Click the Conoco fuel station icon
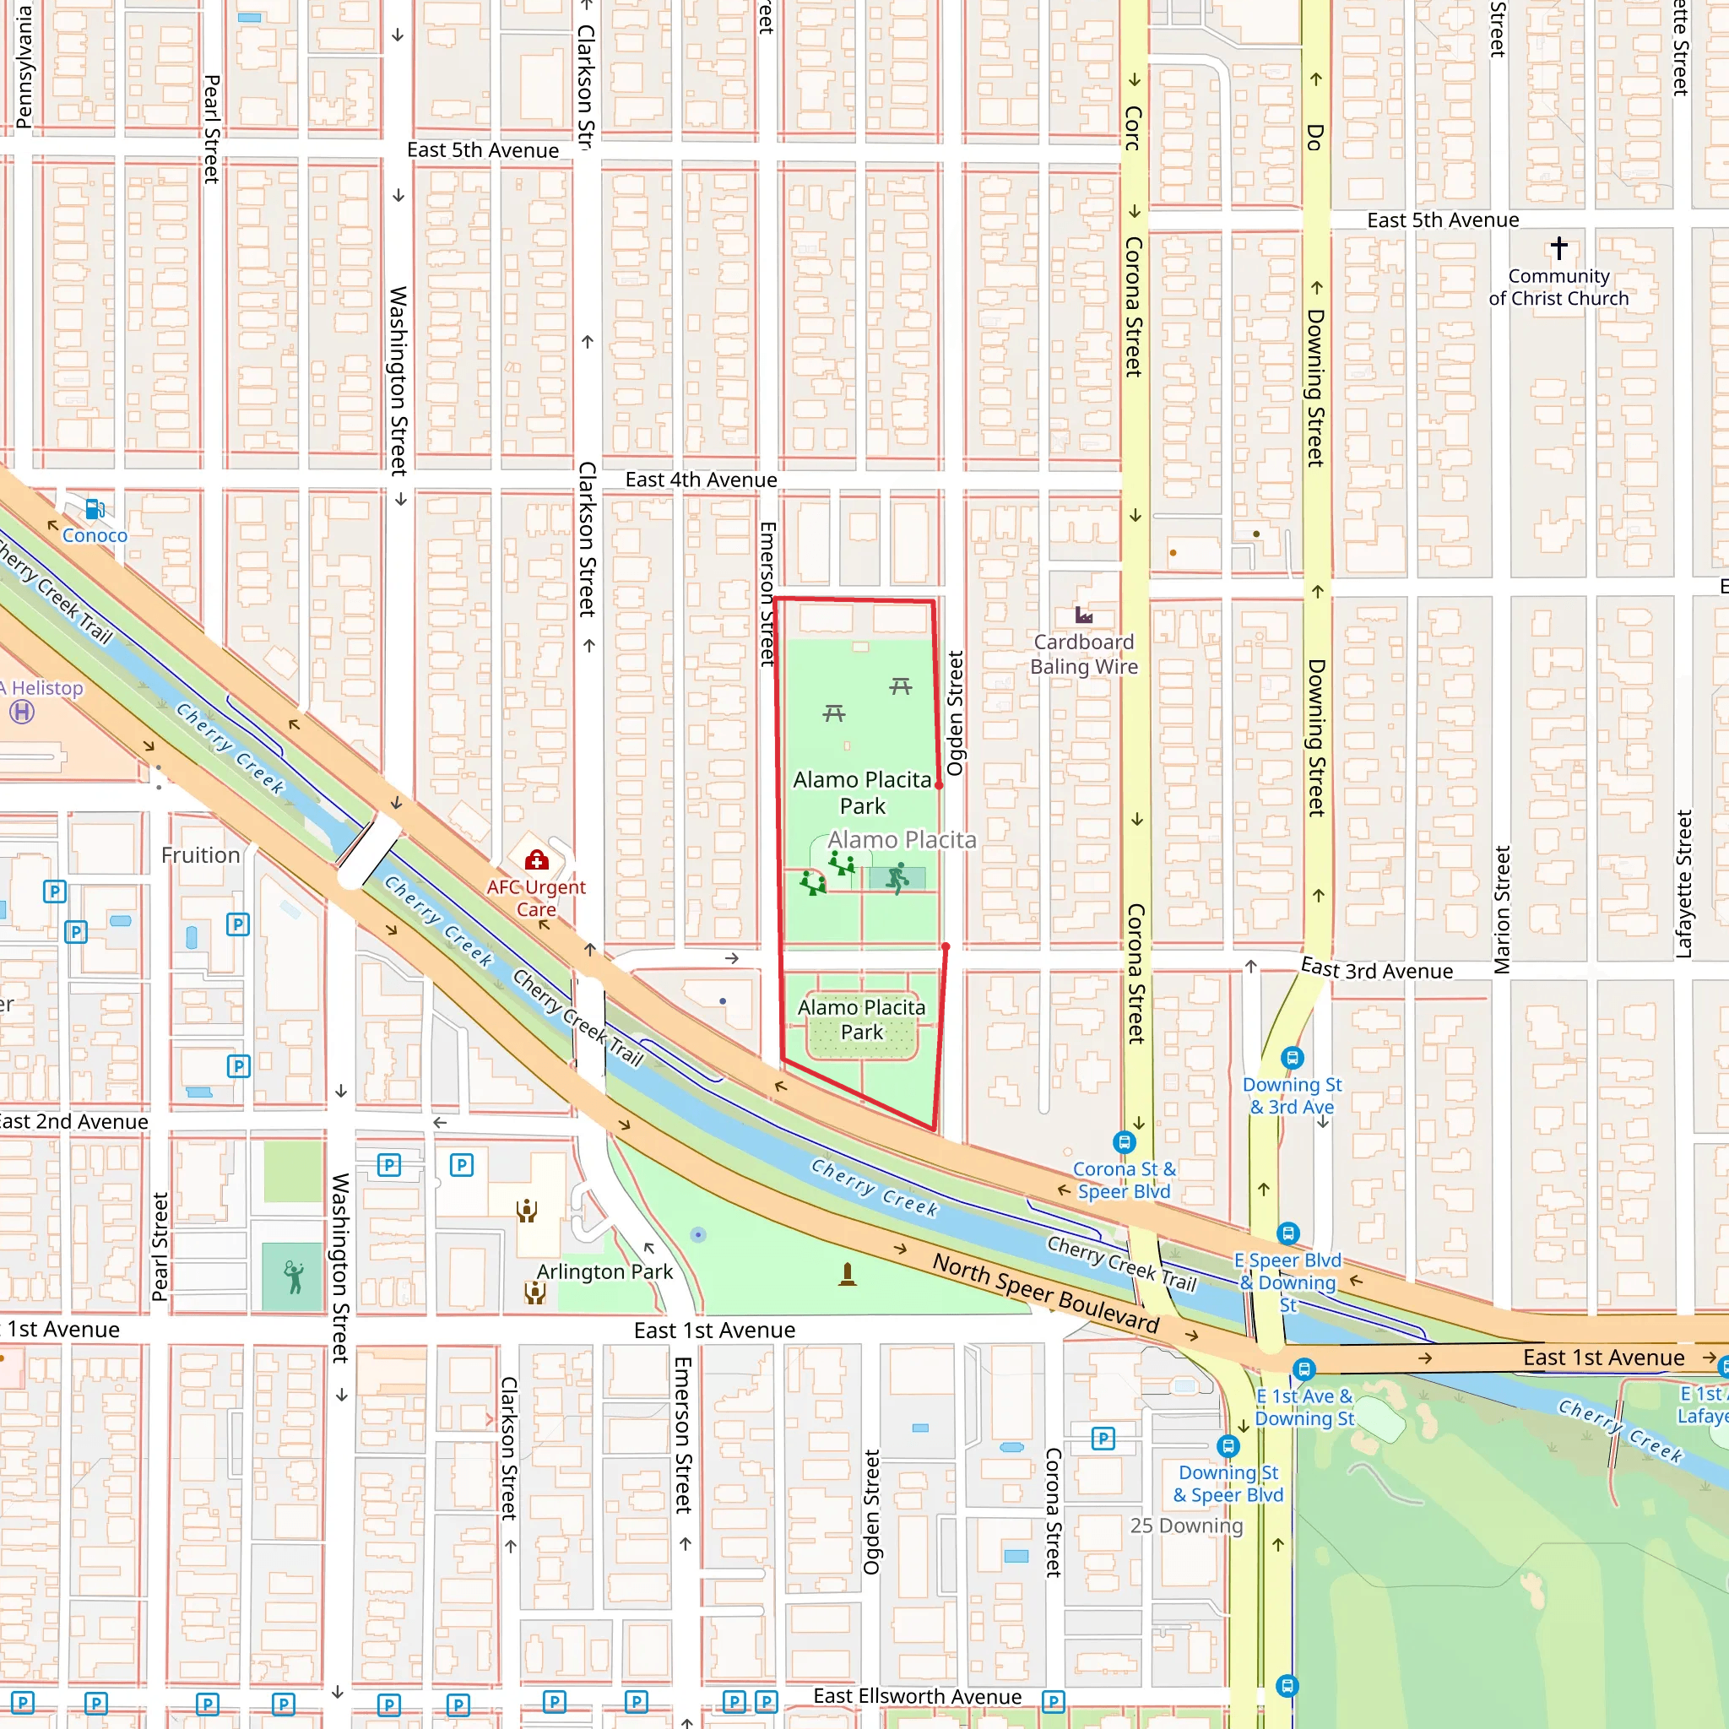point(94,509)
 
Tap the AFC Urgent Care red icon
point(536,860)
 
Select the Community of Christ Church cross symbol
point(1559,247)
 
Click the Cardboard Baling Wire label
point(1084,654)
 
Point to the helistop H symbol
point(23,713)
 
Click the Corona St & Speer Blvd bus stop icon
point(1124,1142)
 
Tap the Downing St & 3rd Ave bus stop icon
point(1292,1058)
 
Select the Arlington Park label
point(604,1271)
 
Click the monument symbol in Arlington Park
point(848,1273)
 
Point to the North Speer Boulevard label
point(1045,1293)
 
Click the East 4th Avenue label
point(701,480)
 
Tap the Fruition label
point(200,854)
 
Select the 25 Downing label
point(1186,1525)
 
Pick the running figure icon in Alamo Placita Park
point(897,878)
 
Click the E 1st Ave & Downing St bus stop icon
point(1304,1369)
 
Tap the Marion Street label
point(1502,909)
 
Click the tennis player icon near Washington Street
point(294,1277)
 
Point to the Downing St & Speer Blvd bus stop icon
point(1228,1445)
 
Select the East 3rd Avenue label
point(1376,970)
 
